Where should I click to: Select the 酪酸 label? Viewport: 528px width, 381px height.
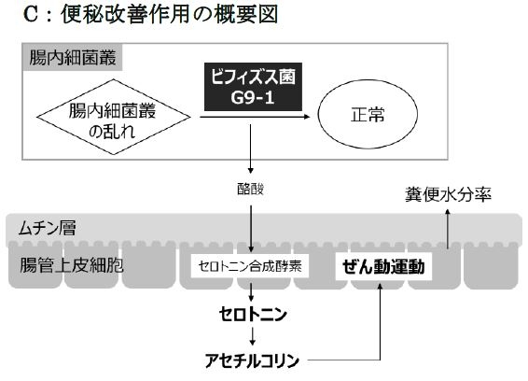251,188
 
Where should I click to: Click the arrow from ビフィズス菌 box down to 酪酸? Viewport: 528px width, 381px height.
251,154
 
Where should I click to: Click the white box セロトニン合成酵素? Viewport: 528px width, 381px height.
251,266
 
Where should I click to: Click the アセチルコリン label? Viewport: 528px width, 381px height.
251,359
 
